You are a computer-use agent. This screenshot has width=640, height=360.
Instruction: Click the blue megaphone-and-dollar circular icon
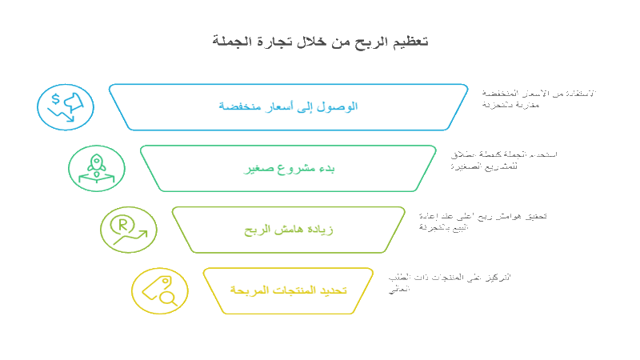(x=66, y=107)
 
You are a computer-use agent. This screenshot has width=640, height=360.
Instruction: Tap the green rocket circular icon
(x=97, y=169)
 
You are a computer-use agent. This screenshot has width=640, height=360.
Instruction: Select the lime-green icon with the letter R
(x=128, y=230)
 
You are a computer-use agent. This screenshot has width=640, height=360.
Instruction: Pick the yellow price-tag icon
(x=159, y=291)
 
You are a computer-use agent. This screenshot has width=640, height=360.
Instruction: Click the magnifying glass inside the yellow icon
(x=169, y=298)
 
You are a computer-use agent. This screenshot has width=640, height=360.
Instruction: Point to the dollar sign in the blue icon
(x=55, y=98)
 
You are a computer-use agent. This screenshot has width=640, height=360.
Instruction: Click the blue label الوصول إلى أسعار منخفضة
(x=289, y=106)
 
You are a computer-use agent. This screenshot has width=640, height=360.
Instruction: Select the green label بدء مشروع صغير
(x=289, y=169)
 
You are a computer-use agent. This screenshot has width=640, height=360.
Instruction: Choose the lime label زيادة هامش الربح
(x=289, y=230)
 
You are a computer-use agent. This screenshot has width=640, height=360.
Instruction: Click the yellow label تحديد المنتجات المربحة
(x=289, y=290)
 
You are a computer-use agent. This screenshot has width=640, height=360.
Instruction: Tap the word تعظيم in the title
(x=406, y=41)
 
